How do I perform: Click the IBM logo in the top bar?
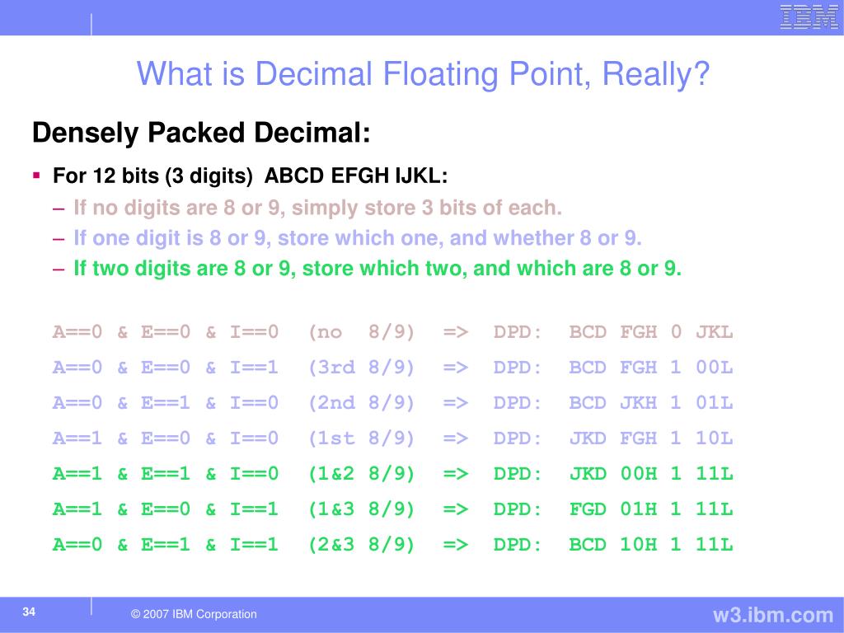click(809, 17)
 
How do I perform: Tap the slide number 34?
click(29, 612)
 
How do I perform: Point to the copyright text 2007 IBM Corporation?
click(194, 614)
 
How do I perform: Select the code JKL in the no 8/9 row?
click(714, 332)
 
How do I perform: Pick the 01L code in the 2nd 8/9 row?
click(714, 403)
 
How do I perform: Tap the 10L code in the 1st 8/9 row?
click(714, 438)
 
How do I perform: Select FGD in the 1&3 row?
click(588, 509)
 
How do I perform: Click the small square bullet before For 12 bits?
click(36, 176)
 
